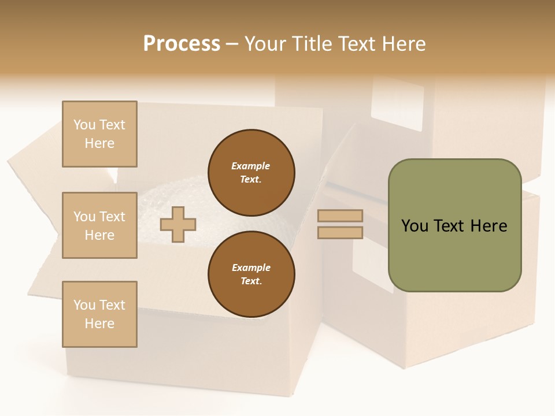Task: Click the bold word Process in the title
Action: (x=182, y=43)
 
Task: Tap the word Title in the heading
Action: (x=309, y=43)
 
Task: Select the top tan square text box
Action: (x=99, y=134)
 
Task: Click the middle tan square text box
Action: (x=99, y=225)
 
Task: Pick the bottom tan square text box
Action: (x=99, y=314)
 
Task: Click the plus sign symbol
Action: (x=178, y=224)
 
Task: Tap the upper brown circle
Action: (x=251, y=173)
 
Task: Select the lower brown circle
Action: (x=251, y=274)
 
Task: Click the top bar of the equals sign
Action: (x=340, y=216)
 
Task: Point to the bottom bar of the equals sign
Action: (x=340, y=232)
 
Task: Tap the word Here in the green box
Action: (x=489, y=226)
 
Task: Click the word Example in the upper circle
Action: (x=251, y=166)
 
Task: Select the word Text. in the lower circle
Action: (x=251, y=281)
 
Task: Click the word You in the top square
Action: (x=84, y=125)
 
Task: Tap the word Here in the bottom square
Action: (x=99, y=324)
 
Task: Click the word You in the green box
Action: (x=415, y=226)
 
